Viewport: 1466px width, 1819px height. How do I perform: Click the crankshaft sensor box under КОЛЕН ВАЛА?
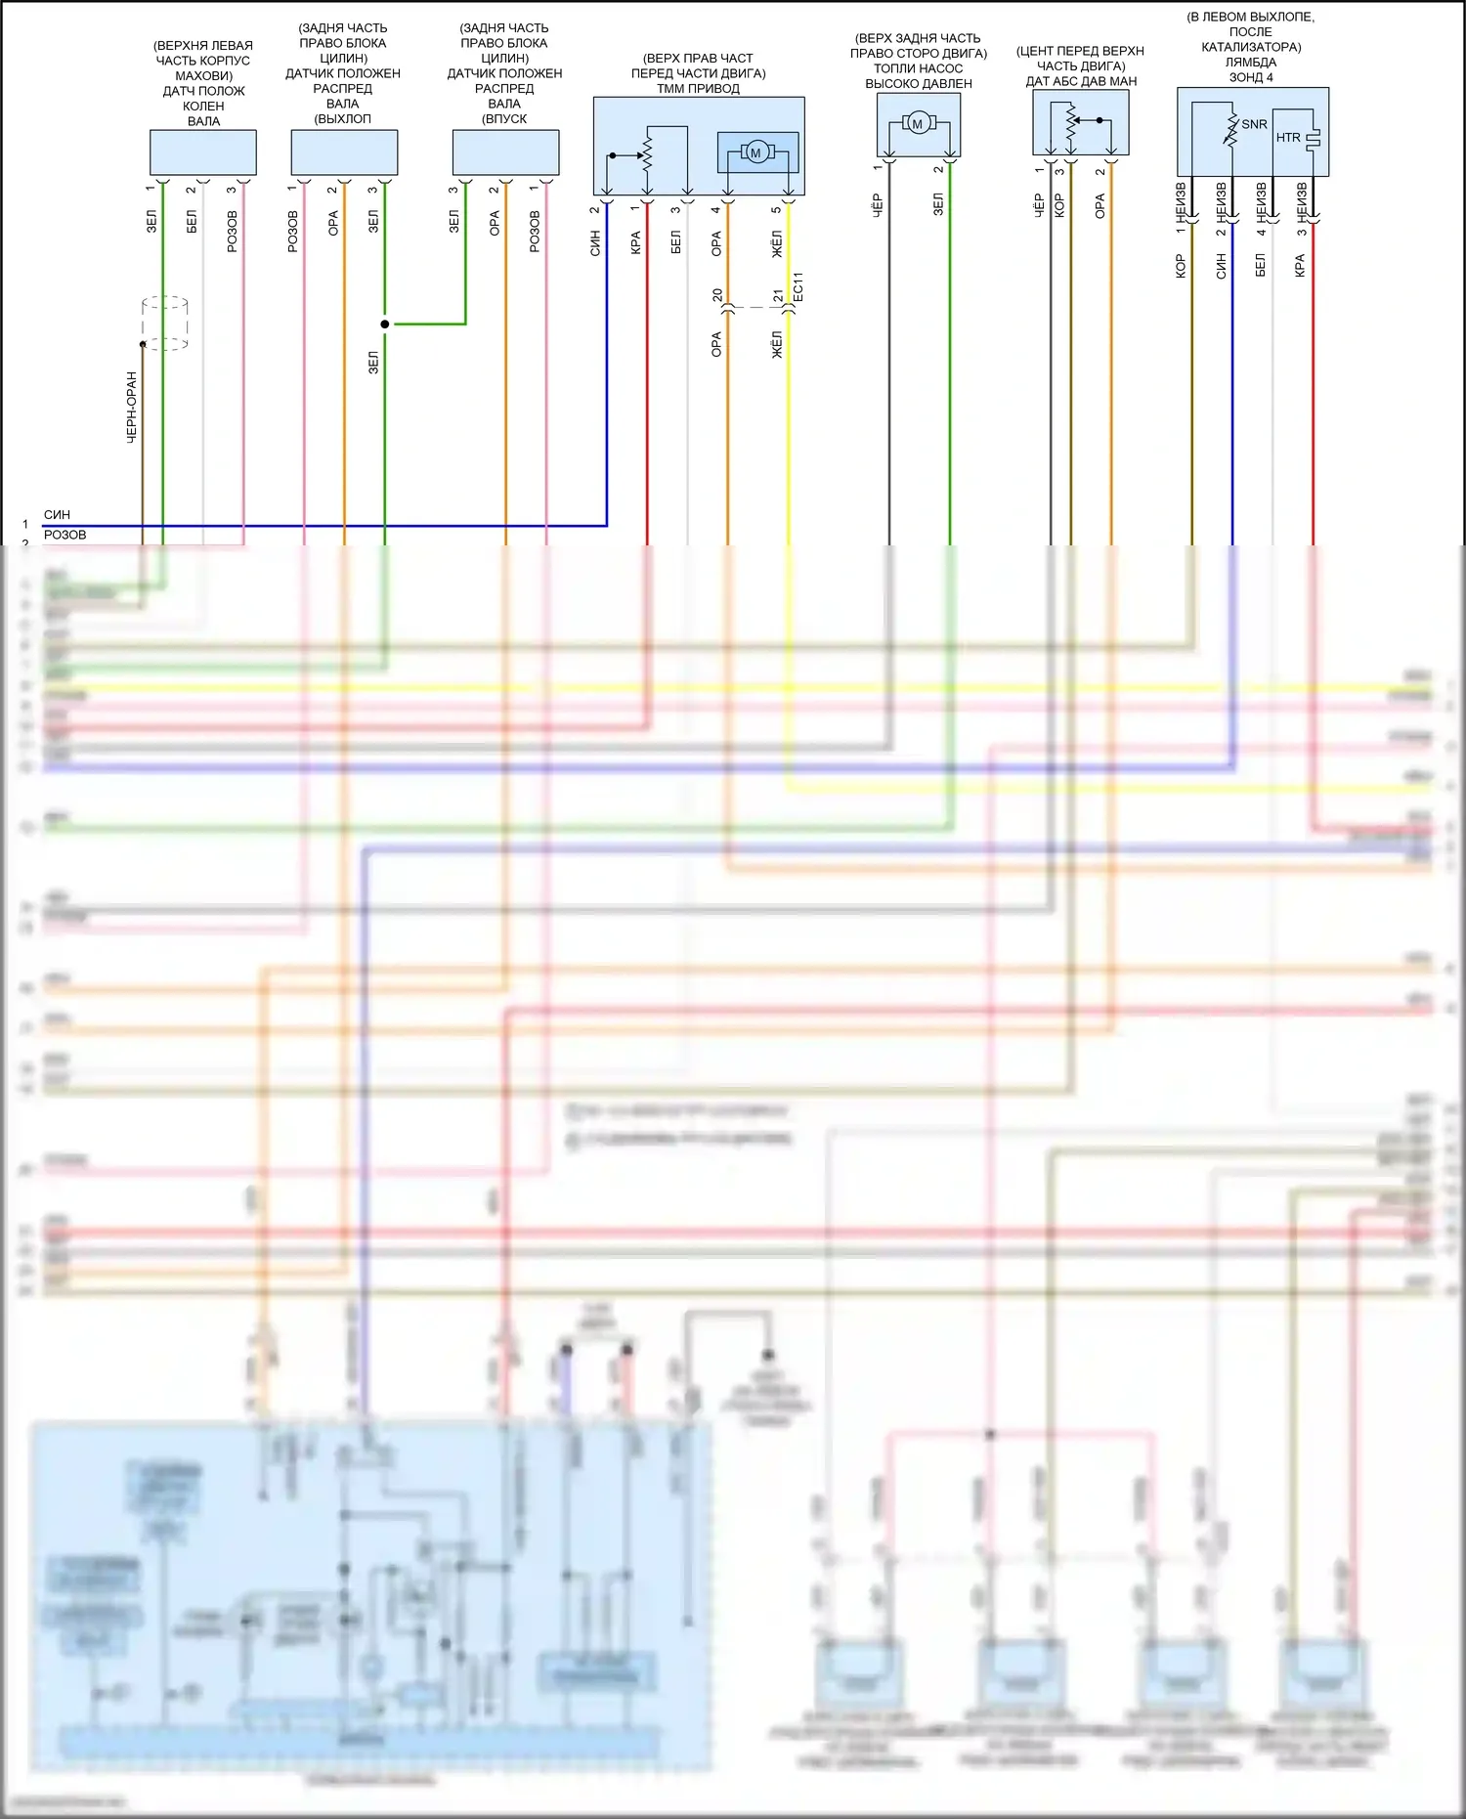pyautogui.click(x=203, y=152)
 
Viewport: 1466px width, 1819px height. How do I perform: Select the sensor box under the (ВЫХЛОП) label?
pyautogui.click(x=344, y=152)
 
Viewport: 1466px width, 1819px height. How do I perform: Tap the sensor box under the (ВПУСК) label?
pyautogui.click(x=505, y=152)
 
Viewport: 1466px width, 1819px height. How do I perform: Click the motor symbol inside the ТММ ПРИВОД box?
pyautogui.click(x=756, y=152)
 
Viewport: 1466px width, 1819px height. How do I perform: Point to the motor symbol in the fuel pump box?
pyautogui.click(x=917, y=123)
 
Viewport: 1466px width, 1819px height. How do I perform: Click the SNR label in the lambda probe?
pyautogui.click(x=1254, y=124)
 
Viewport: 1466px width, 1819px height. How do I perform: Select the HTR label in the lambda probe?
pyautogui.click(x=1288, y=138)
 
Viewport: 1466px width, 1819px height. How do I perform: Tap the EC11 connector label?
pyautogui.click(x=798, y=285)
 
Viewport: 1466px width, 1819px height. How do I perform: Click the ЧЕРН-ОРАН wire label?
pyautogui.click(x=132, y=407)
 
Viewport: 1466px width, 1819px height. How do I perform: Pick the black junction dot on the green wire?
pyautogui.click(x=385, y=324)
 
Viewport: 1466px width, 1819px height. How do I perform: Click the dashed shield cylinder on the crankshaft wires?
pyautogui.click(x=164, y=323)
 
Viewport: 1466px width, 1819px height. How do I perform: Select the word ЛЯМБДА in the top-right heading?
pyautogui.click(x=1251, y=62)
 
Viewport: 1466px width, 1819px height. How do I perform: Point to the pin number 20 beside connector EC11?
pyautogui.click(x=717, y=294)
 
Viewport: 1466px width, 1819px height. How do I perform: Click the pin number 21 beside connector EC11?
pyautogui.click(x=778, y=294)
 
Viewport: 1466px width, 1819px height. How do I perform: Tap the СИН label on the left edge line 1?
pyautogui.click(x=57, y=514)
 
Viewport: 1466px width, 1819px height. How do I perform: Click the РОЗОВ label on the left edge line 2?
pyautogui.click(x=65, y=535)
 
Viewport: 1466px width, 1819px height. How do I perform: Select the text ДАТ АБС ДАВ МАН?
pyautogui.click(x=1081, y=81)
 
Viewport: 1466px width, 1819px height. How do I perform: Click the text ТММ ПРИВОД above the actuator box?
pyautogui.click(x=698, y=88)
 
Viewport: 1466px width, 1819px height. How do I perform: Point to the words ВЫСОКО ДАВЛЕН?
pyautogui.click(x=919, y=83)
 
